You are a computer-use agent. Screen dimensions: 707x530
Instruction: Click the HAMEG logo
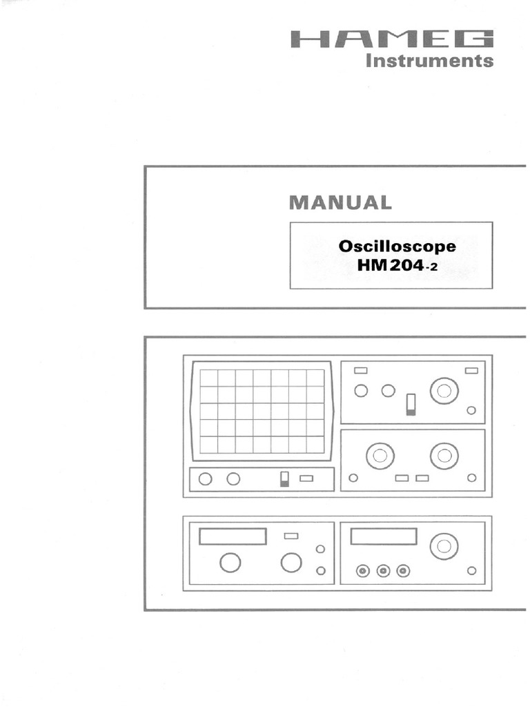coord(392,39)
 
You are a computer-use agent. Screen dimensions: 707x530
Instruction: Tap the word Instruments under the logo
coord(429,61)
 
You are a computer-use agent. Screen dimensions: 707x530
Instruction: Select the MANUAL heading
coord(340,202)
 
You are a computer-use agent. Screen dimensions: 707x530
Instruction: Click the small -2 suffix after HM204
coord(431,266)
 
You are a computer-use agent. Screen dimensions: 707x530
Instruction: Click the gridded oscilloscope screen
coord(262,411)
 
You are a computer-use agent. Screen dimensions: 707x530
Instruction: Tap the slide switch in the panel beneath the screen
coord(284,478)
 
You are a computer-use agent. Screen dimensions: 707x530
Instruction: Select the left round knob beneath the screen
coord(205,478)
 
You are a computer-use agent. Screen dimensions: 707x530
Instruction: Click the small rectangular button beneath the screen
coord(306,478)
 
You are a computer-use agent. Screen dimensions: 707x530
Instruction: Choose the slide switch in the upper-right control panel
coord(411,404)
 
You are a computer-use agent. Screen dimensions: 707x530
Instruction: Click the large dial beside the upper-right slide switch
coord(444,391)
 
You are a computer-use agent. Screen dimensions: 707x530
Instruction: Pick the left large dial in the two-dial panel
coord(380,456)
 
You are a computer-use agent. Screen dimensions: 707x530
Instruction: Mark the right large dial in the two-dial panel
coord(444,456)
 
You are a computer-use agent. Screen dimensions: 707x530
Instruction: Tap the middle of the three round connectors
coord(384,571)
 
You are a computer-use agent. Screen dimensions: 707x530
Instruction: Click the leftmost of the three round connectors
coord(362,571)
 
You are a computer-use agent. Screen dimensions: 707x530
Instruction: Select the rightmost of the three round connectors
coord(404,571)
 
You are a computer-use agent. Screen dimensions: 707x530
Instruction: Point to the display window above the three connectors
coord(383,536)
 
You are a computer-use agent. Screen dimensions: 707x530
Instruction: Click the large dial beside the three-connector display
coord(444,547)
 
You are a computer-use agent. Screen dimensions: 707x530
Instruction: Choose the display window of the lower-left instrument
coord(233,536)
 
